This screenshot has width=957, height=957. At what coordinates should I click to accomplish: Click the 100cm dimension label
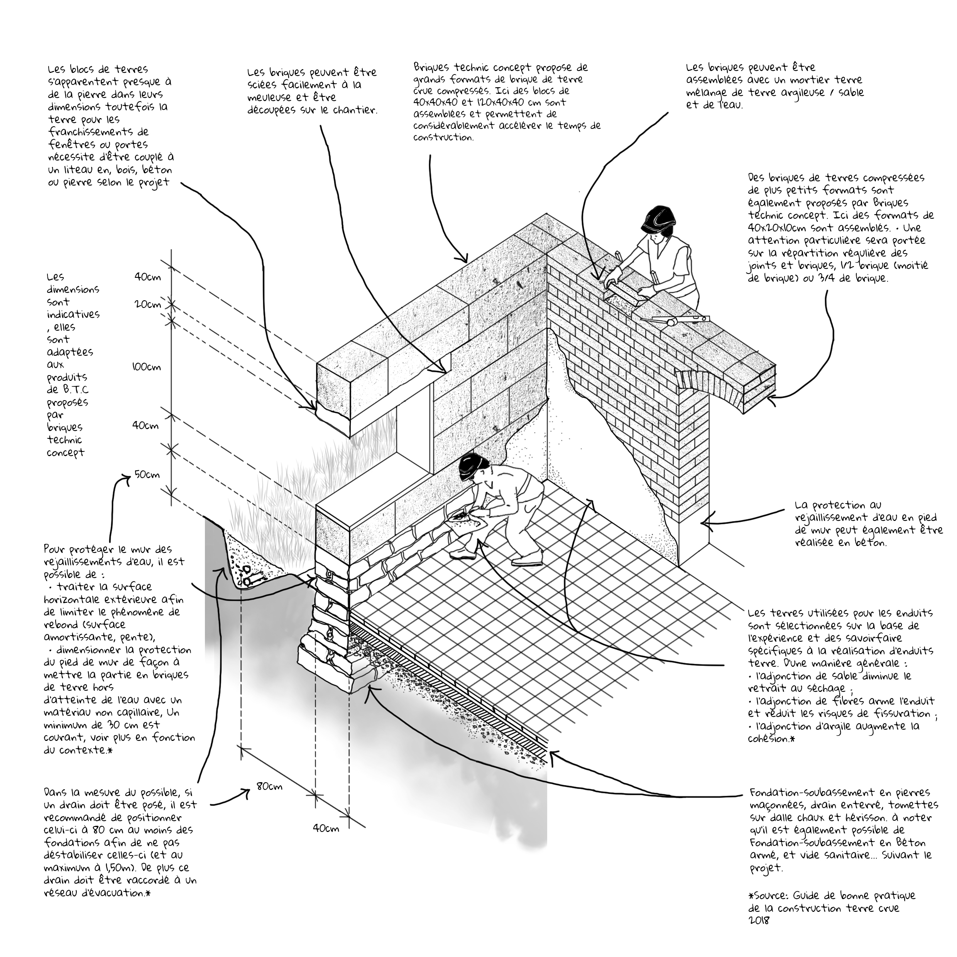(146, 367)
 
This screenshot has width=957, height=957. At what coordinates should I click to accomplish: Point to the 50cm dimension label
(147, 475)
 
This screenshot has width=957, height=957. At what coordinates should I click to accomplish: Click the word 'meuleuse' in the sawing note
(271, 98)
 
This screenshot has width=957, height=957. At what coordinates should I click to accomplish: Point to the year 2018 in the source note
(759, 920)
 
